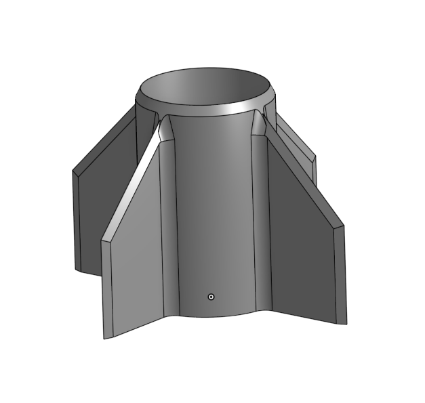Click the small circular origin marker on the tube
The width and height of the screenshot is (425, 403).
(x=211, y=297)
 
